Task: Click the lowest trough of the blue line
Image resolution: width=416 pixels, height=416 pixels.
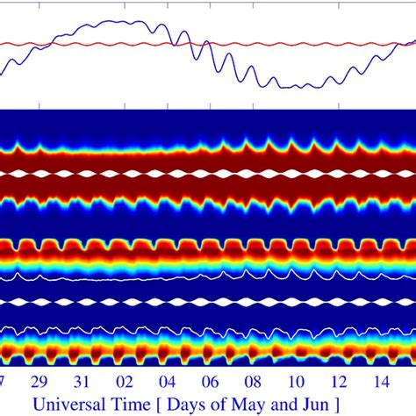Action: (x=303, y=88)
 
